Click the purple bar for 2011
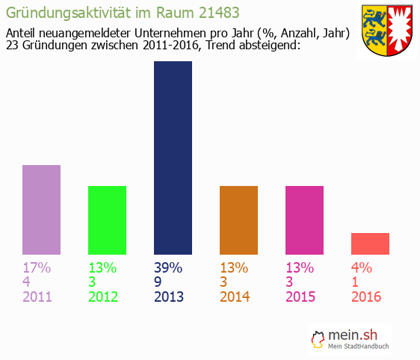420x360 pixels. pyautogui.click(x=41, y=210)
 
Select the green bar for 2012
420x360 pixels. pyautogui.click(x=107, y=220)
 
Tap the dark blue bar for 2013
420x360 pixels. pyautogui.click(x=173, y=158)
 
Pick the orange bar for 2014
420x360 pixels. pyautogui.click(x=238, y=220)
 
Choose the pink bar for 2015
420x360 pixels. pyautogui.click(x=304, y=220)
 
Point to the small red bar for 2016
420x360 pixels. pyautogui.click(x=370, y=243)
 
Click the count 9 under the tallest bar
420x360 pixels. pyautogui.click(x=158, y=282)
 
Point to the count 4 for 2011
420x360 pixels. pyautogui.click(x=27, y=282)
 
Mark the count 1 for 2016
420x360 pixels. pyautogui.click(x=355, y=282)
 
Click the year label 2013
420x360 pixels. pyautogui.click(x=169, y=297)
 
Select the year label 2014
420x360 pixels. pyautogui.click(x=235, y=297)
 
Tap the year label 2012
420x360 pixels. pyautogui.click(x=103, y=297)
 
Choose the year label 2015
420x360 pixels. pyautogui.click(x=300, y=297)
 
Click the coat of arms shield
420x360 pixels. pyautogui.click(x=388, y=31)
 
